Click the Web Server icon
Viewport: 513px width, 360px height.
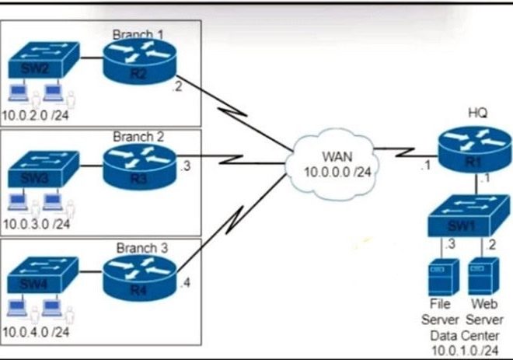click(479, 275)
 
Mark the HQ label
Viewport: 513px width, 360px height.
click(477, 114)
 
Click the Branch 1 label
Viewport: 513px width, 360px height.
click(139, 34)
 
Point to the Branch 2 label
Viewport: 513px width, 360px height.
click(138, 137)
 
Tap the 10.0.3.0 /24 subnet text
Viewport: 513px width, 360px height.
click(37, 224)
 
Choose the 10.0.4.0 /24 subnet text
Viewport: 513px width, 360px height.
click(37, 333)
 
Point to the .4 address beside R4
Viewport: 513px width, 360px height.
click(184, 281)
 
